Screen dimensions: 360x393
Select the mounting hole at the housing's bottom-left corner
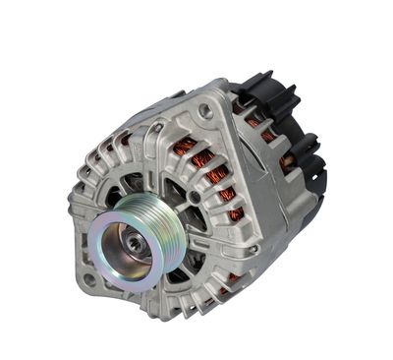coord(89,279)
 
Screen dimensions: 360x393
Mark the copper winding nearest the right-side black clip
coord(287,162)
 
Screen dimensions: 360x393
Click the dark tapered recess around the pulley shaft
coord(123,236)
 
